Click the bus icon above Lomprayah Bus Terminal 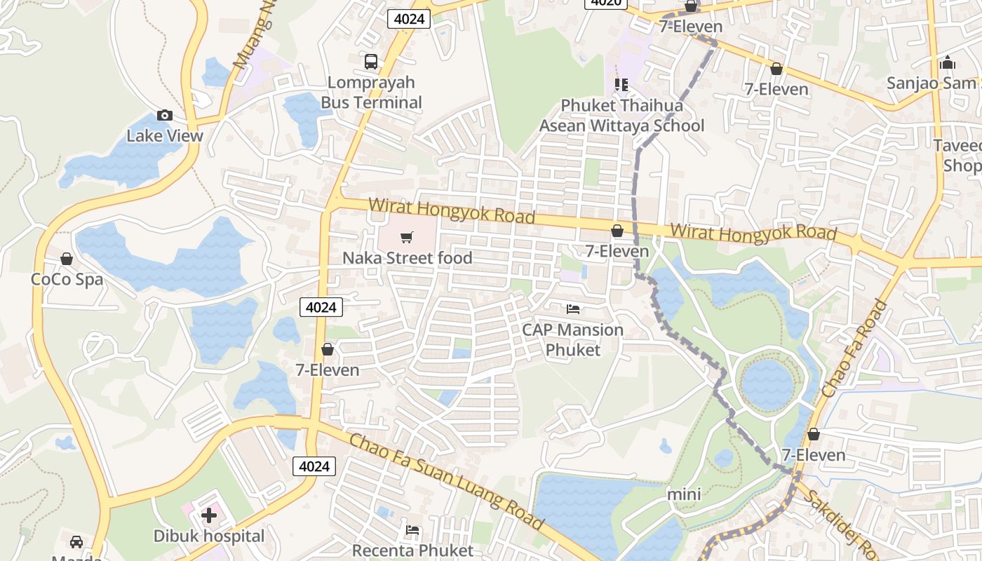(x=371, y=62)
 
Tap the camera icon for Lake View (x=165, y=116)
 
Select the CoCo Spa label (x=67, y=279)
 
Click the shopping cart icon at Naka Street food (x=407, y=238)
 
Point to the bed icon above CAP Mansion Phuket (x=573, y=309)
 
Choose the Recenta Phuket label (x=412, y=550)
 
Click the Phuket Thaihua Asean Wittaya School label (x=621, y=116)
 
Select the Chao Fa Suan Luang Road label (x=446, y=481)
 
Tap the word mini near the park (x=684, y=494)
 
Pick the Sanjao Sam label (x=931, y=83)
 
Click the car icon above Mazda (x=76, y=541)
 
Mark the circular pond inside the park (x=767, y=384)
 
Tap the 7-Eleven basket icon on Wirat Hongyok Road (x=617, y=231)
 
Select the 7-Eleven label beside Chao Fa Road (x=814, y=455)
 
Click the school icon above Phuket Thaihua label (x=621, y=85)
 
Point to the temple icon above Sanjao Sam (x=948, y=63)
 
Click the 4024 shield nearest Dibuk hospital (x=314, y=466)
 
